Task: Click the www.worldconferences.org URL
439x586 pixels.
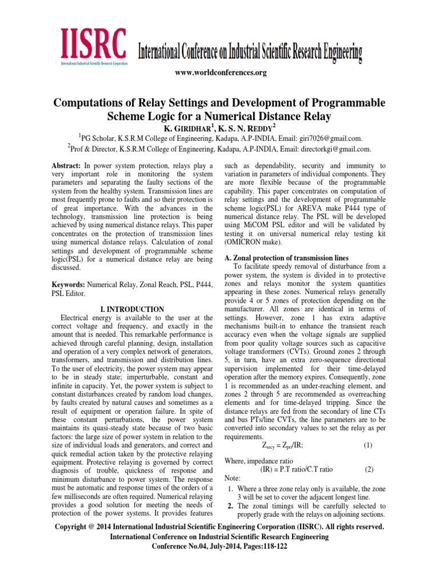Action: point(219,73)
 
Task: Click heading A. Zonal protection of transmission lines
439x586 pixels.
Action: point(290,258)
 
